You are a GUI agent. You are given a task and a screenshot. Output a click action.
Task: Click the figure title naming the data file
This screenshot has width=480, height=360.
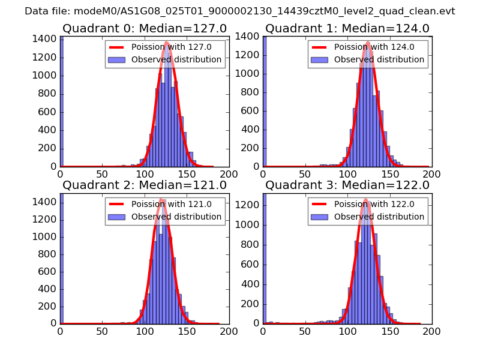[240, 11]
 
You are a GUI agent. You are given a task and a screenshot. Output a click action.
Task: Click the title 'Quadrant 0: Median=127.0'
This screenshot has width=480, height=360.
[145, 29]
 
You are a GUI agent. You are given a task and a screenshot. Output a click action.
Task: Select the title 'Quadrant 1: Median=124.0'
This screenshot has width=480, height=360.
[347, 29]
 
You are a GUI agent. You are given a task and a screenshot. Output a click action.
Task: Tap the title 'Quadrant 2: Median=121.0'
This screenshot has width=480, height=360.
[145, 185]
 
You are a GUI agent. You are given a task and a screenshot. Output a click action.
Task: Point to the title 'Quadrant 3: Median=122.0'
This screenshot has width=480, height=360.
[347, 185]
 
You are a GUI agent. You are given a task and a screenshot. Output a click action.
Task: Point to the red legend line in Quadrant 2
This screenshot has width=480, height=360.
[118, 204]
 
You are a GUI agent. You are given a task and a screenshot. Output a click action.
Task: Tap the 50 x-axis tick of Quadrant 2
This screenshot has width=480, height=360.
[103, 331]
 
